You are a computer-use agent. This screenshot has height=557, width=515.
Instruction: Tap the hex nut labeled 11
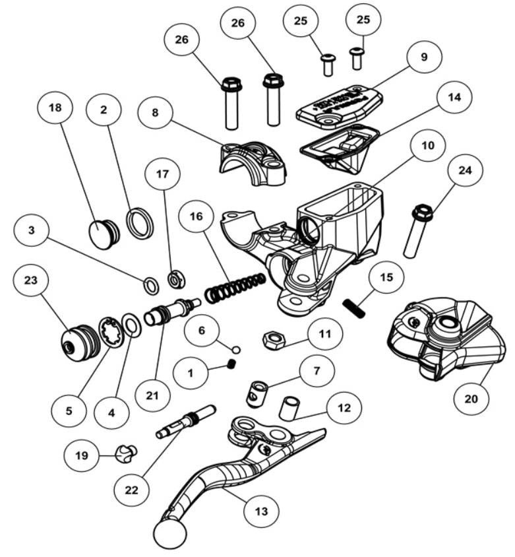coord(273,341)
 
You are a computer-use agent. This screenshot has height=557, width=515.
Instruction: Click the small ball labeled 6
coord(236,348)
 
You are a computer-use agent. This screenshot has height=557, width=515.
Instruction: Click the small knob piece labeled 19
coord(124,453)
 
